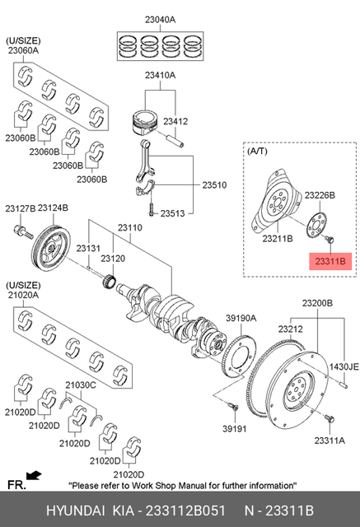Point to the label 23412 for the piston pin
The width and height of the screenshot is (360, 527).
[x=176, y=121]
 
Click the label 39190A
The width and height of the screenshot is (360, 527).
[x=241, y=318]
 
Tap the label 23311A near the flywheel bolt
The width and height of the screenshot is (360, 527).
[x=328, y=440]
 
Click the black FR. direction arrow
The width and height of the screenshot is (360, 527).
[x=34, y=474]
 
